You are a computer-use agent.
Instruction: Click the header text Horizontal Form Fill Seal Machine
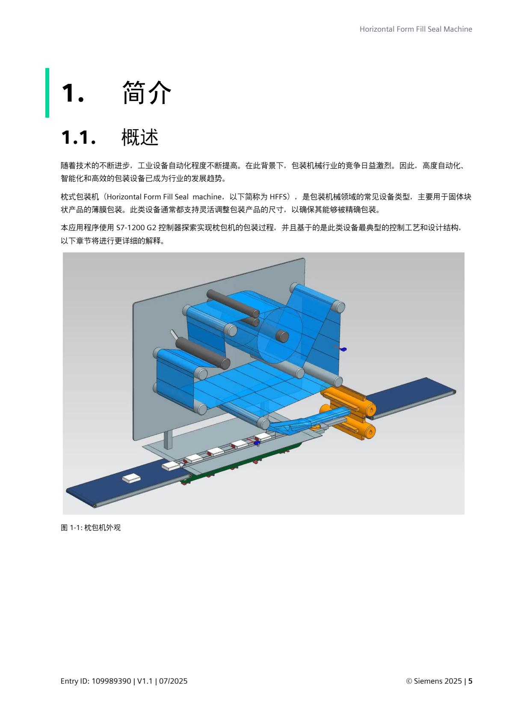coord(415,29)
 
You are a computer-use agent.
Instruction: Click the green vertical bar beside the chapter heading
coord(47,92)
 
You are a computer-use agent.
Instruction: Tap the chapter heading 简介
coord(146,92)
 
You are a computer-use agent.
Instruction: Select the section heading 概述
coord(140,138)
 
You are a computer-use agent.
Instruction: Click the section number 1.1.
coord(78,138)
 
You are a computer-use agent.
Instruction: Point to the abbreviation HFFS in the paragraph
coord(280,197)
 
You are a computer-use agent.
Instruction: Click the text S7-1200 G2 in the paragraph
coord(136,228)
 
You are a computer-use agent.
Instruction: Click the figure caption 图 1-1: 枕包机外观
coord(91,527)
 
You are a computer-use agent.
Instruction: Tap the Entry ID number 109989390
coord(111,681)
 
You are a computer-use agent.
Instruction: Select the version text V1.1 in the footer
coord(145,681)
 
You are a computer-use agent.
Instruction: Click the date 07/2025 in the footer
coord(173,681)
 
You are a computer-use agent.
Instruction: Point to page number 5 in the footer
coord(470,681)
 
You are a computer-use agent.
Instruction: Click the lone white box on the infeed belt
coord(131,478)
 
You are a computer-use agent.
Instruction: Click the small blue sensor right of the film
coord(343,349)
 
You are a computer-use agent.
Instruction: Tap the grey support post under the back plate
coord(168,439)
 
